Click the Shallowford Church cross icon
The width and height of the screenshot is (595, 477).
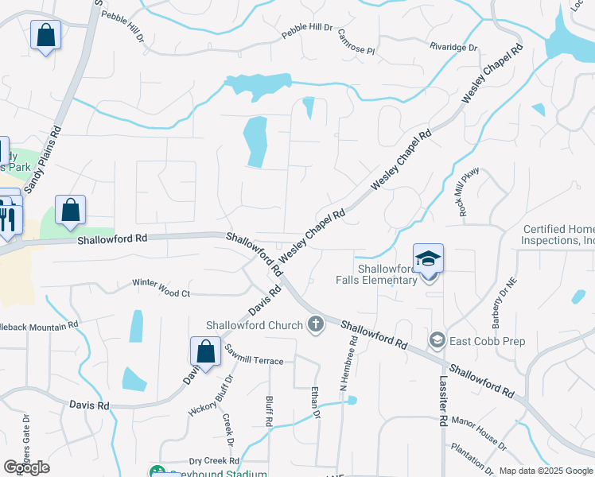pos(316,324)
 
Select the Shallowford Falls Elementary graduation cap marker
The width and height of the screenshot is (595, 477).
pos(428,260)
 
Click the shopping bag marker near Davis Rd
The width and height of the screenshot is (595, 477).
pos(205,352)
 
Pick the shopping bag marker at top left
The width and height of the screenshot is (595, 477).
pos(45,35)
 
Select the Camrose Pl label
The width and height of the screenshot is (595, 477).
pos(356,41)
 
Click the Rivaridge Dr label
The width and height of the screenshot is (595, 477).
pos(453,48)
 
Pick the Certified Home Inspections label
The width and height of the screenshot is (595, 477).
pos(559,235)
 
